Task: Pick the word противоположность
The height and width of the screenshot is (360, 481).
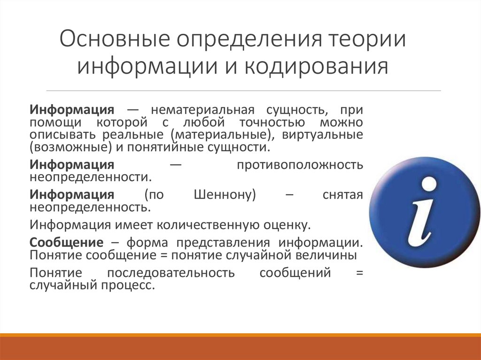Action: click(x=300, y=165)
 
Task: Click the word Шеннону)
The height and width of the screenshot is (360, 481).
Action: click(x=225, y=195)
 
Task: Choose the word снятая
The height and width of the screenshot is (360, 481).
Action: click(x=343, y=195)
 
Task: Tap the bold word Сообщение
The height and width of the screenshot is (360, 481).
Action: click(x=66, y=243)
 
